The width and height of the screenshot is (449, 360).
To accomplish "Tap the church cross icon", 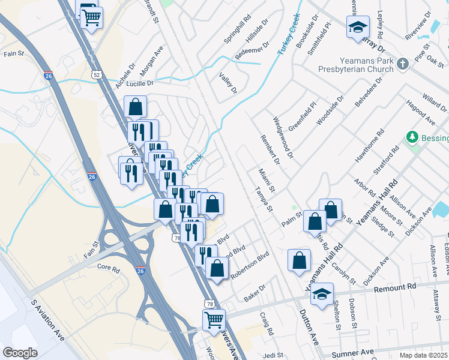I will click(403, 63).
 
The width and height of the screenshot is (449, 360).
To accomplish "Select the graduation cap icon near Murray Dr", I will click(357, 28).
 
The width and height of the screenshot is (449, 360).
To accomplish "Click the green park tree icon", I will click(412, 137).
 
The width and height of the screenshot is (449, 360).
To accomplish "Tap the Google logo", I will click(20, 352).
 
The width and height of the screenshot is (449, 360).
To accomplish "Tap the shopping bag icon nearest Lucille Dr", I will click(136, 107).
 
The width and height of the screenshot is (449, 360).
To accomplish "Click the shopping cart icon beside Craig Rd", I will click(213, 320).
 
